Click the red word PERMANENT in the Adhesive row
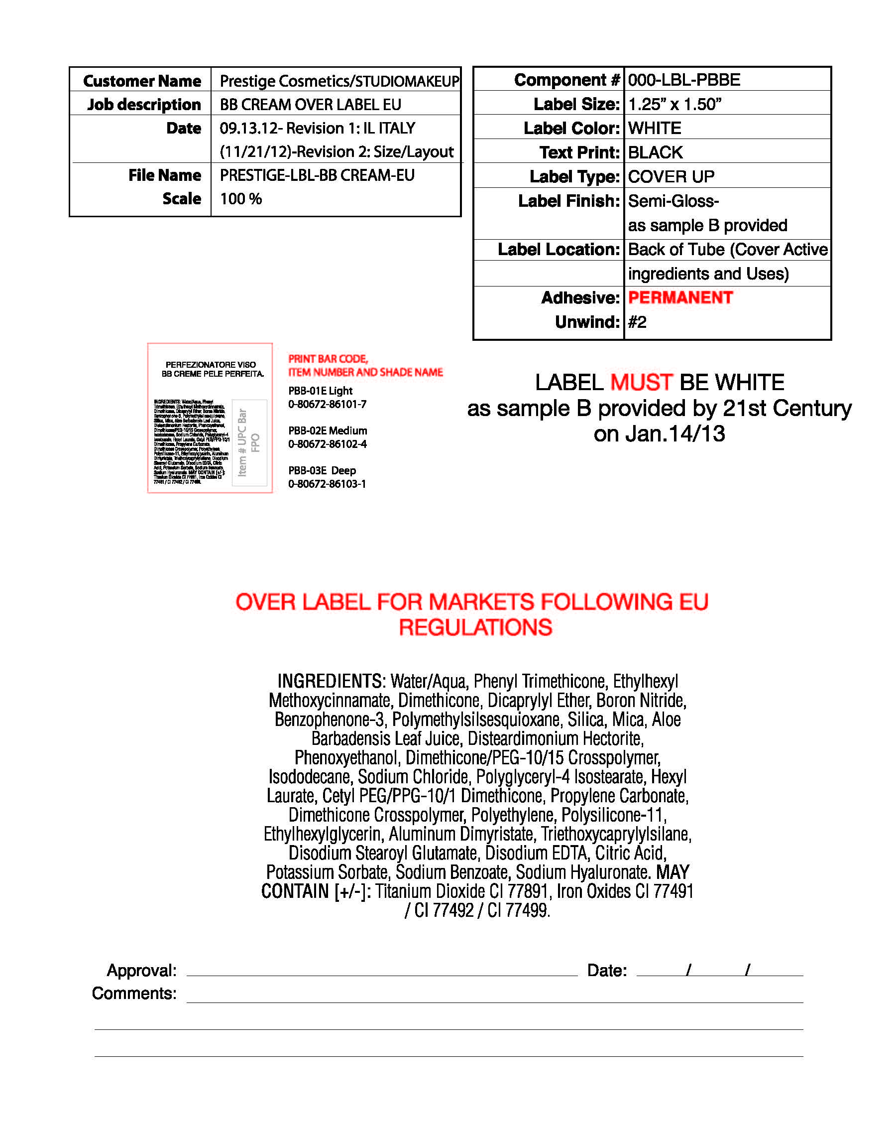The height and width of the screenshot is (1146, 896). pyautogui.click(x=680, y=297)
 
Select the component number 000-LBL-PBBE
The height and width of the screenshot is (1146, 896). pyautogui.click(x=684, y=80)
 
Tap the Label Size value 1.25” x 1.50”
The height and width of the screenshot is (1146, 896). pyautogui.click(x=674, y=104)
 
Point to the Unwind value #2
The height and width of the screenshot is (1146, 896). pyautogui.click(x=637, y=322)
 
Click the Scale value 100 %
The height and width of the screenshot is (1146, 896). pyautogui.click(x=241, y=199)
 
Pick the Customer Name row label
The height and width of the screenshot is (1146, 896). pyautogui.click(x=142, y=81)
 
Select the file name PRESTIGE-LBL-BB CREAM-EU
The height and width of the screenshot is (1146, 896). pyautogui.click(x=317, y=175)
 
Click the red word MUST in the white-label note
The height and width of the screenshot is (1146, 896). pyautogui.click(x=641, y=382)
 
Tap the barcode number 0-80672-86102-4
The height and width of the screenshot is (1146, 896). pyautogui.click(x=328, y=444)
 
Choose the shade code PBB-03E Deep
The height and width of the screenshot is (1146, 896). pyautogui.click(x=322, y=470)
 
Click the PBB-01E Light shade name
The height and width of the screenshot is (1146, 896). pyautogui.click(x=320, y=391)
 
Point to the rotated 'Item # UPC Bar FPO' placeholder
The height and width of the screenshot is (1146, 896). pyautogui.click(x=249, y=442)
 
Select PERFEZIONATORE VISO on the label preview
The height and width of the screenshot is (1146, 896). pyautogui.click(x=211, y=364)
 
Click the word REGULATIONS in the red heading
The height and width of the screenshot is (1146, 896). pyautogui.click(x=475, y=627)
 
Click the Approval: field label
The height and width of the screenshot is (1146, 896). pyautogui.click(x=142, y=970)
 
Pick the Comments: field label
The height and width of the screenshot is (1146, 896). pyautogui.click(x=134, y=993)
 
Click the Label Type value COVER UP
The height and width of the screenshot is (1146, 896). pyautogui.click(x=671, y=176)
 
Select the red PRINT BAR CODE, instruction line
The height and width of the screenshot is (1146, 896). pyautogui.click(x=328, y=359)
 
